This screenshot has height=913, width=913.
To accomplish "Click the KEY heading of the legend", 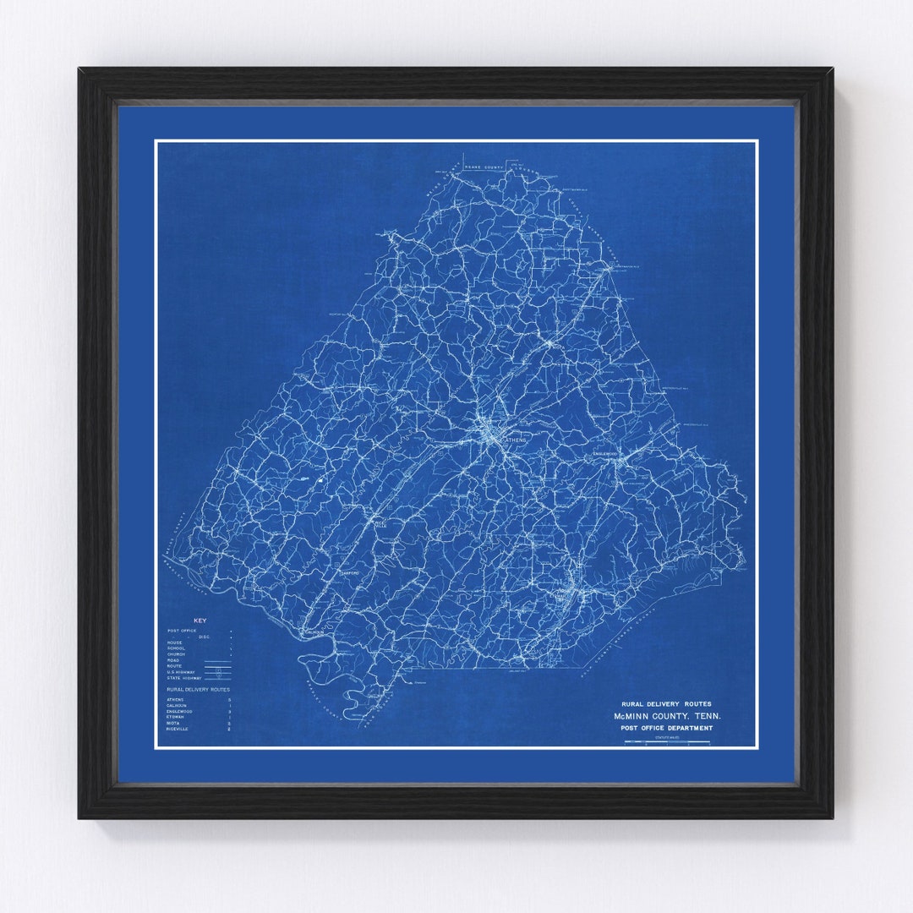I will (x=200, y=621).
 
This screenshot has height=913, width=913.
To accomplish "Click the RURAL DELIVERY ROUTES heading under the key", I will (x=198, y=690).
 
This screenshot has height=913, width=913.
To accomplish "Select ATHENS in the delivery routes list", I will (x=176, y=700).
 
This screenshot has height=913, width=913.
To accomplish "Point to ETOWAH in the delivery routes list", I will (x=176, y=717).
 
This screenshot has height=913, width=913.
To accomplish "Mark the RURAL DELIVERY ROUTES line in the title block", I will (x=666, y=703).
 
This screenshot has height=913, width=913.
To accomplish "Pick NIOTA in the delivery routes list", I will (x=174, y=723).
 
